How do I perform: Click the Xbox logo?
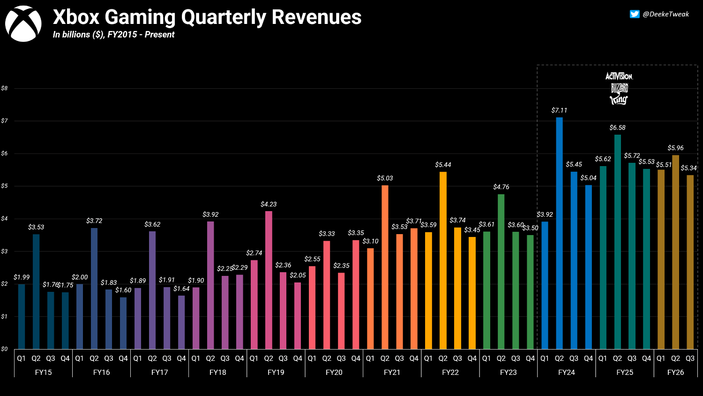click(23, 23)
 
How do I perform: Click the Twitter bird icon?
click(634, 14)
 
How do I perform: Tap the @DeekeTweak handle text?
click(666, 14)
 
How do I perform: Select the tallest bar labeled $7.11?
click(559, 233)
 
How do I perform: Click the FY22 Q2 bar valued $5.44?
click(443, 260)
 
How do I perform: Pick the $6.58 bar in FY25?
click(617, 242)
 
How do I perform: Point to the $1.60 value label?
click(123, 290)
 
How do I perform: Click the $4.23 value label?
click(269, 204)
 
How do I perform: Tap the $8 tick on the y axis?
click(4, 88)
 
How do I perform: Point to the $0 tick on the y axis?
click(4, 349)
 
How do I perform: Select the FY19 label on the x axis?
click(276, 373)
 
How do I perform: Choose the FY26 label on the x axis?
click(675, 373)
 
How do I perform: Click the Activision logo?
click(619, 76)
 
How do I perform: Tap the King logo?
click(619, 99)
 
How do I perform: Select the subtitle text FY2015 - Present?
click(141, 35)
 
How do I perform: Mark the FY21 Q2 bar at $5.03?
click(385, 267)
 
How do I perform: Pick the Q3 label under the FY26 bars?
click(690, 358)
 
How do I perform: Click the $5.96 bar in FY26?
click(675, 252)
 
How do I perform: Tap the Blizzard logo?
click(619, 88)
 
